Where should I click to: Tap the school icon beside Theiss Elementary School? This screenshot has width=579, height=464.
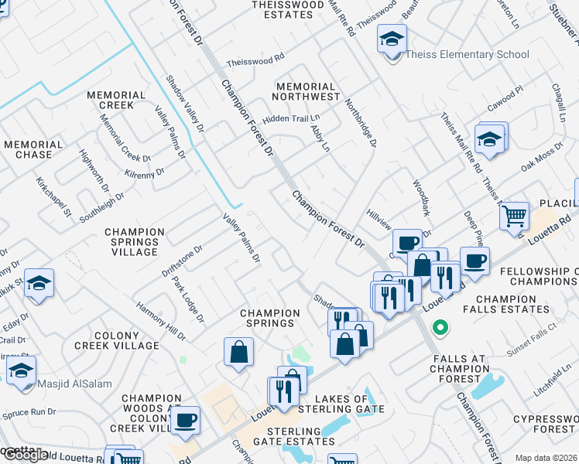(392, 38)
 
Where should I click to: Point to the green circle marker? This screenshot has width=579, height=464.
(440, 328)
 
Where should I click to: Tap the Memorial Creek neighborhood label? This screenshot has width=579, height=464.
(116, 100)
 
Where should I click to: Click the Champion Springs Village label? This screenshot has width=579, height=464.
(135, 242)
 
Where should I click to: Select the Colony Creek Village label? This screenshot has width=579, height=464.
(126, 340)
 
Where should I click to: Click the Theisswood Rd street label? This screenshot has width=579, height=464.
(255, 60)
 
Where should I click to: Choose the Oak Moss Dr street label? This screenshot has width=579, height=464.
(541, 157)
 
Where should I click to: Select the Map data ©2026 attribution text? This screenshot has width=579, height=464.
(545, 458)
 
